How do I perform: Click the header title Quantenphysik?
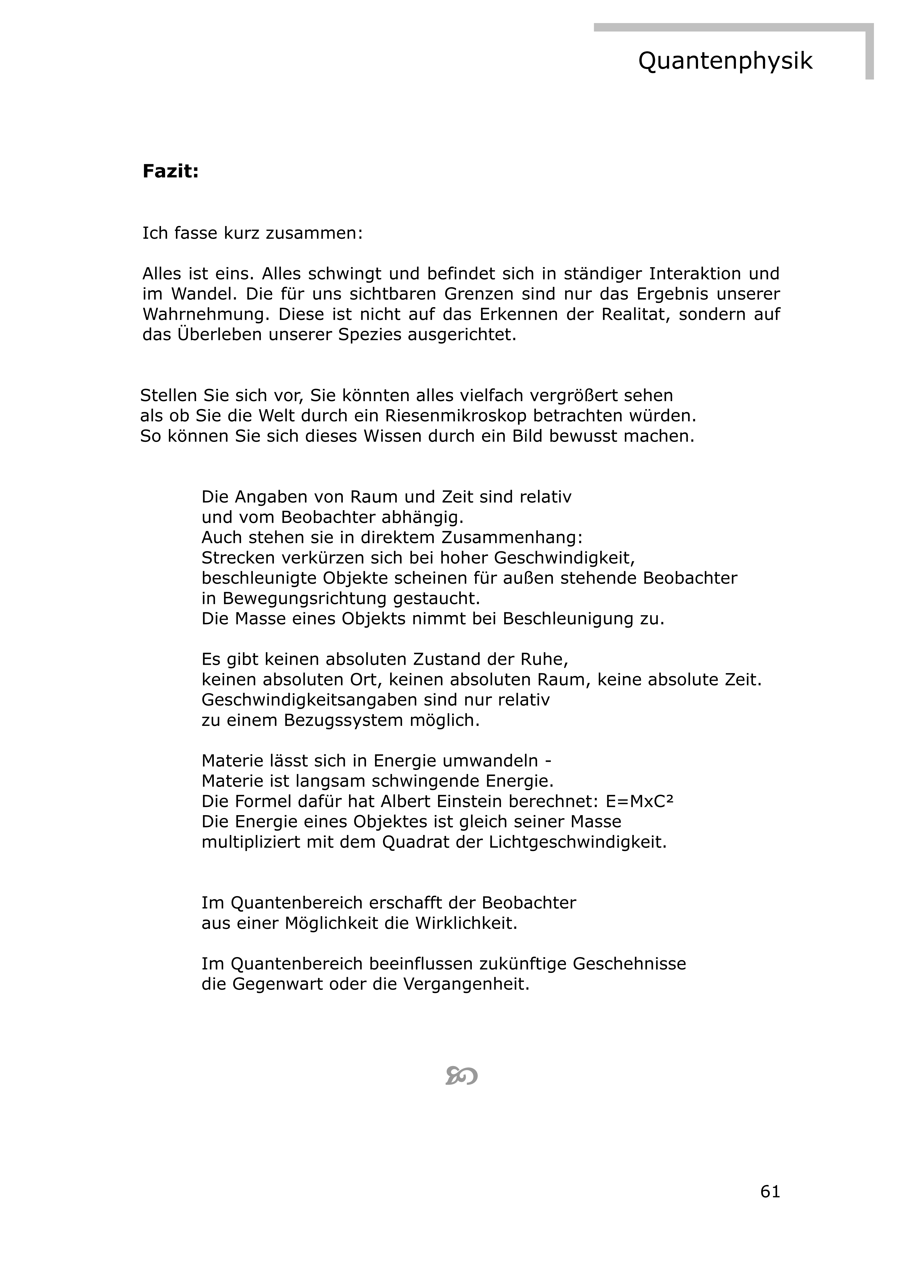(x=725, y=61)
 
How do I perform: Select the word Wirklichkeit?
(x=466, y=923)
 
